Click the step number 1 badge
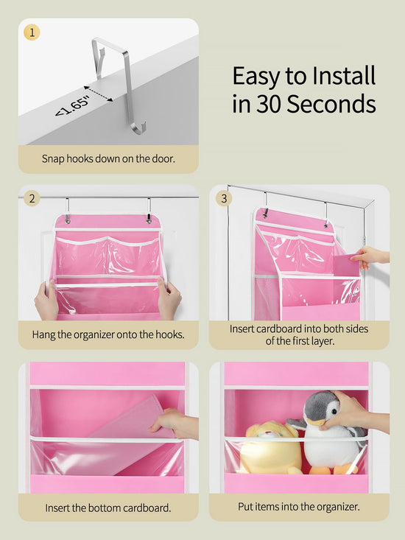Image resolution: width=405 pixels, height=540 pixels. (32, 32)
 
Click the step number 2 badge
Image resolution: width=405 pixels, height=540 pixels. (32, 199)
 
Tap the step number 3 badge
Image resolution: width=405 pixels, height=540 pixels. (224, 198)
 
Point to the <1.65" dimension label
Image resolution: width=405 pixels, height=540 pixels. (72, 106)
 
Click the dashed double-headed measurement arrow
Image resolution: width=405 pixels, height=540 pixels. (99, 94)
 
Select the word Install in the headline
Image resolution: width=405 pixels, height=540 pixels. (338, 76)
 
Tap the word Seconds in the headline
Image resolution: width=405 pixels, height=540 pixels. (331, 104)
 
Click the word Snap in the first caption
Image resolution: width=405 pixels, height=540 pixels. (53, 159)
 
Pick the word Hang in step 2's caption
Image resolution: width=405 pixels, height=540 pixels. (43, 334)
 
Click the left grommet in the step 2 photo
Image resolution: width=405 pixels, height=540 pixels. (68, 220)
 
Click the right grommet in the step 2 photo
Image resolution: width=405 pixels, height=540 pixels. (149, 219)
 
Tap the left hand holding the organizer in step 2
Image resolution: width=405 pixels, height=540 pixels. (46, 300)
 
